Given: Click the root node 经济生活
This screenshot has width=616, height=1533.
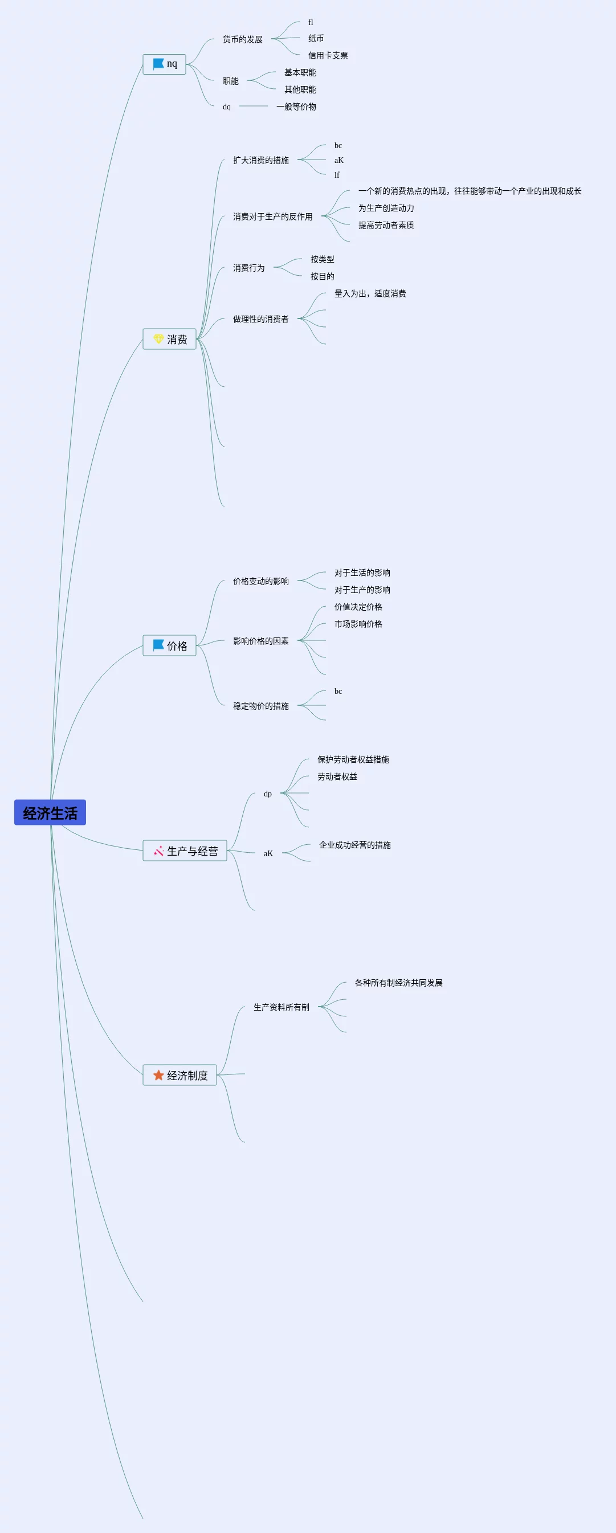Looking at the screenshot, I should coord(50,812).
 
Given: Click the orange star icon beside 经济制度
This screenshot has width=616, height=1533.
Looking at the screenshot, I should coord(158,1076).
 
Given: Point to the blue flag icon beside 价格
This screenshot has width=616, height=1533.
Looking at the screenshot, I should coord(158,645).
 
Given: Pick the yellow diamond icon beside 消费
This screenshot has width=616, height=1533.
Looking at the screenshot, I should coord(158,338).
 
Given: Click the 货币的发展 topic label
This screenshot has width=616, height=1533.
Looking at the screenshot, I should coord(242,39).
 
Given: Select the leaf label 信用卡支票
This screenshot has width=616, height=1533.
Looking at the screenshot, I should coord(328,55).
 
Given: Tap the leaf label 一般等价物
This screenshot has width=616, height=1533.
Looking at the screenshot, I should coord(296,107).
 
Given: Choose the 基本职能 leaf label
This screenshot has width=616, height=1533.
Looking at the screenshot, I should coord(300,72).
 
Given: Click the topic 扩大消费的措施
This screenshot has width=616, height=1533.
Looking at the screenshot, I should coord(260,160).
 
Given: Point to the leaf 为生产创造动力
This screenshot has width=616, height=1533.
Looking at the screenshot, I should coord(386,209).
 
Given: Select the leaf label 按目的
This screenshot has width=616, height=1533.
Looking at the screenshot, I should coord(322,276).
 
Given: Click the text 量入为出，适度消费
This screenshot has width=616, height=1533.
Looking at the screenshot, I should coord(370,293).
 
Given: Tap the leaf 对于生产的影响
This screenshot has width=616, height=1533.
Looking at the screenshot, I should coord(362,590).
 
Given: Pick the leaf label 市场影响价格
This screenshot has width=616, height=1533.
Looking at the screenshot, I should coord(358,624).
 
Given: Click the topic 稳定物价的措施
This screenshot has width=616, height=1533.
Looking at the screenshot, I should coord(260,706).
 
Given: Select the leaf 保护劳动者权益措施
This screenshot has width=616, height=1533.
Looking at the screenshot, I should coord(353,759).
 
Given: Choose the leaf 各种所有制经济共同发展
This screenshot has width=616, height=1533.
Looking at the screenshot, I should coord(398,983).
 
